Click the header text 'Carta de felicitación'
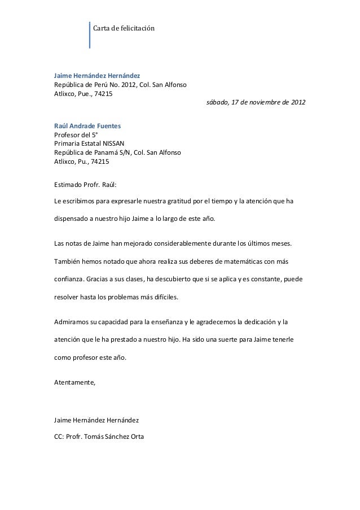(x=124, y=28)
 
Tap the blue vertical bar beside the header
(x=90, y=35)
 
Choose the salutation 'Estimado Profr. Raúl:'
(x=85, y=184)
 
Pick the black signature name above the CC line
(x=96, y=421)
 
